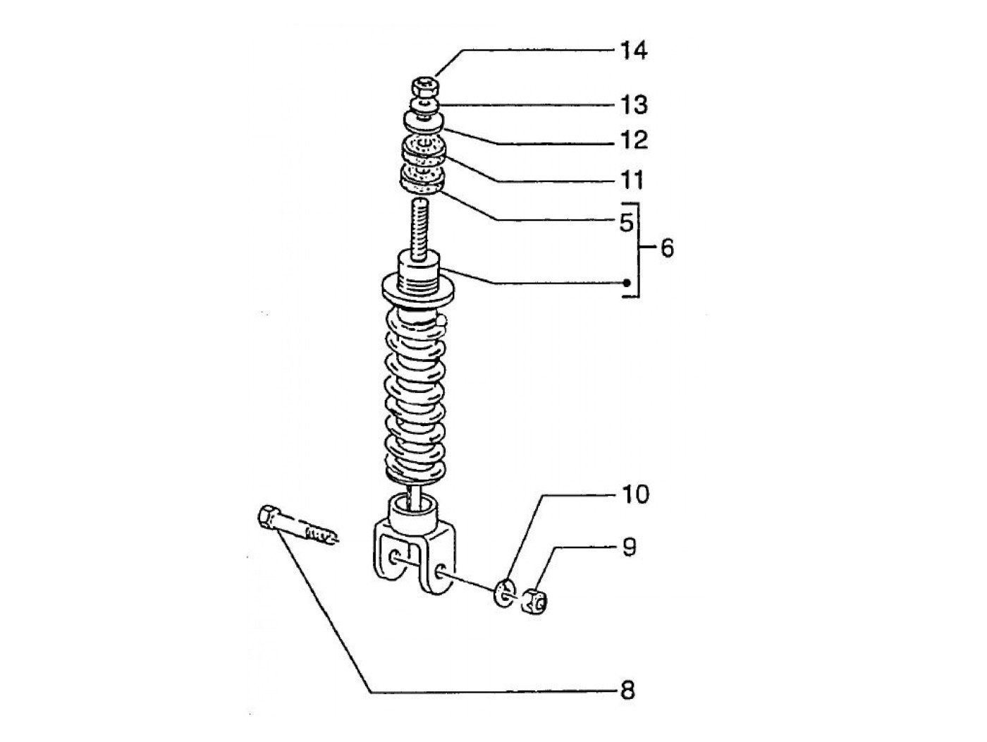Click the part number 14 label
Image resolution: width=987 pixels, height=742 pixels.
click(x=634, y=50)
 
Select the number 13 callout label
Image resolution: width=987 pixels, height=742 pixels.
click(x=634, y=105)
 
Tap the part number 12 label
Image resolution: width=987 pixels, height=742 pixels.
click(x=634, y=140)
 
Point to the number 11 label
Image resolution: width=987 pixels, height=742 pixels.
click(x=632, y=180)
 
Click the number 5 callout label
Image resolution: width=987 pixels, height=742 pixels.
click(x=626, y=221)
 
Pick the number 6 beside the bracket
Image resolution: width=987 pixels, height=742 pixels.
click(x=668, y=248)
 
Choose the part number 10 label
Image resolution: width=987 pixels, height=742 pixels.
click(x=635, y=494)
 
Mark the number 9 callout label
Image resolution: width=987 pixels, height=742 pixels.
click(x=629, y=547)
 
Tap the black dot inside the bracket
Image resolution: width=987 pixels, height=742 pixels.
click(x=627, y=284)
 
